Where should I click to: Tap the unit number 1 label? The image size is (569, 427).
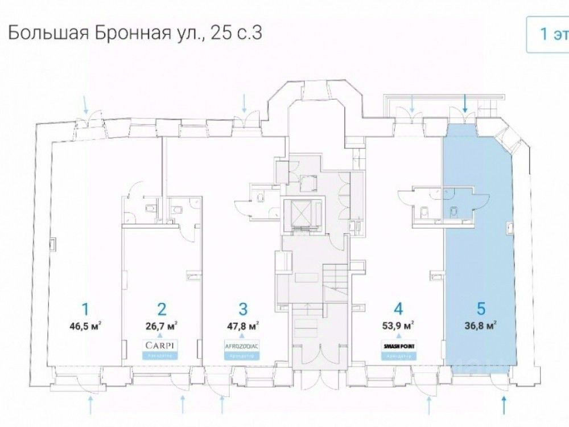click(85, 310)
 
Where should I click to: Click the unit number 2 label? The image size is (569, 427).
click(162, 310)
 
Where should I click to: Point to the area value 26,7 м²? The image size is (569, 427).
click(162, 326)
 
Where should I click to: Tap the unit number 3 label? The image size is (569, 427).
click(244, 310)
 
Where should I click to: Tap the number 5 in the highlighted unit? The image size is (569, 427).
click(481, 310)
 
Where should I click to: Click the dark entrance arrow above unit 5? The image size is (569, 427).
click(465, 103)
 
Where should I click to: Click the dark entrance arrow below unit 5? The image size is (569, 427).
click(505, 405)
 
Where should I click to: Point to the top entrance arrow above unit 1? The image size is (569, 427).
click(86, 104)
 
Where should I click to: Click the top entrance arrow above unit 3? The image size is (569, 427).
click(245, 103)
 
